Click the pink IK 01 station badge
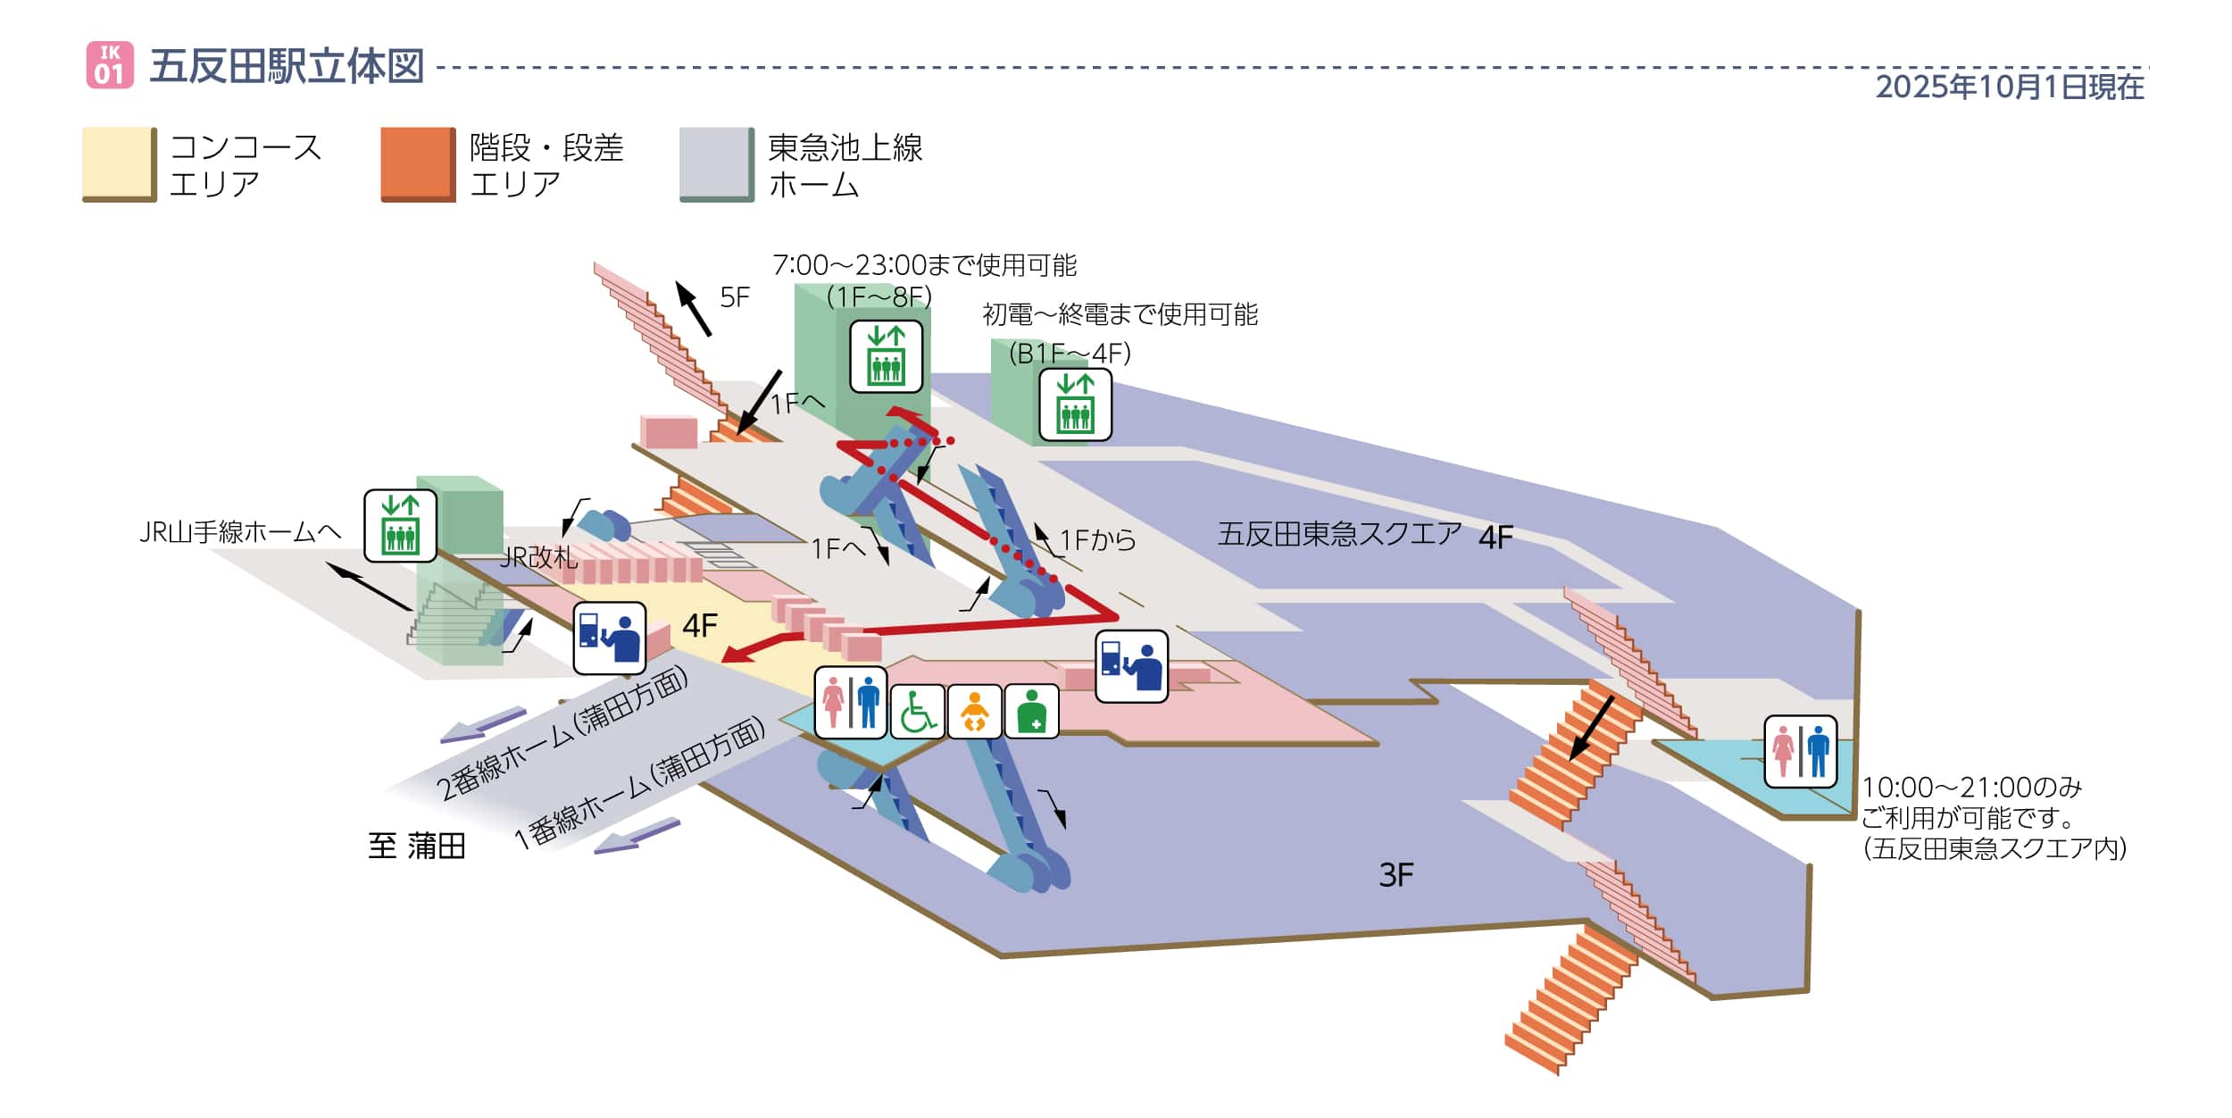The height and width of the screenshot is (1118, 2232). [x=110, y=65]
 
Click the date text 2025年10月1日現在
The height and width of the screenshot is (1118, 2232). [x=2009, y=87]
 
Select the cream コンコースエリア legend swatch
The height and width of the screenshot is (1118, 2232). [x=119, y=163]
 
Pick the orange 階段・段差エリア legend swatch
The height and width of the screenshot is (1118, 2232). [x=418, y=163]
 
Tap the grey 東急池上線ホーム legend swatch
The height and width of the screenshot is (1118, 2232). [x=716, y=163]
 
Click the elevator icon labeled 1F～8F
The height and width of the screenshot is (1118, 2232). [x=886, y=356]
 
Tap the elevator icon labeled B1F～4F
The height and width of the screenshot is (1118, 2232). [x=1075, y=405]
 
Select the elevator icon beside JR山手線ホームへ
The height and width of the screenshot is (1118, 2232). [x=400, y=526]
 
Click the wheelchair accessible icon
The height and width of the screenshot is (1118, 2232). [x=917, y=712]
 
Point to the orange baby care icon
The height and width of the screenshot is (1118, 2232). [x=975, y=712]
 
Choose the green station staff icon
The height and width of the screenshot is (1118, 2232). [x=1032, y=712]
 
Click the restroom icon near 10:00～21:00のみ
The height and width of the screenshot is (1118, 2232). [x=1800, y=752]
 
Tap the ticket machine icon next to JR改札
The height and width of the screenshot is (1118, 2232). [x=609, y=638]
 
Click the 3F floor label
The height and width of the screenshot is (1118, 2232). [x=1395, y=875]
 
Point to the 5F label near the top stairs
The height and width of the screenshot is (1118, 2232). [x=734, y=297]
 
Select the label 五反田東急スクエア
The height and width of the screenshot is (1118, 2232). [x=1339, y=534]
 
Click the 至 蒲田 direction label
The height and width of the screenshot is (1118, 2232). [x=417, y=846]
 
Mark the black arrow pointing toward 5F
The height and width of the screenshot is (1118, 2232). [x=693, y=308]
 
